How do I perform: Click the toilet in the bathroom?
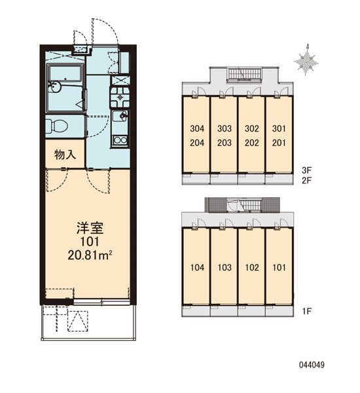[56, 125]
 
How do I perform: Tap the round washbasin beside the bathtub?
[54, 87]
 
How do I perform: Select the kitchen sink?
[120, 116]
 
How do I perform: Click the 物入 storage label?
[65, 155]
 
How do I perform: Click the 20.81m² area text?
[90, 255]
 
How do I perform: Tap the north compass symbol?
[306, 60]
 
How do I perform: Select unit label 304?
[197, 128]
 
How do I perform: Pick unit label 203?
[225, 143]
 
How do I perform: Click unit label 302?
[252, 128]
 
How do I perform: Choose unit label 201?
[279, 143]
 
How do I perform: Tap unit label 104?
[197, 267]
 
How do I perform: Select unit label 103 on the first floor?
[225, 267]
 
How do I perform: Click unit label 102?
[252, 267]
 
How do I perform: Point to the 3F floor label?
[306, 170]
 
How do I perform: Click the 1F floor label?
[306, 311]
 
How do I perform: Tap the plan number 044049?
[312, 365]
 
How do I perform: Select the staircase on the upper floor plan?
[244, 75]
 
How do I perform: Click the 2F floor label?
[306, 180]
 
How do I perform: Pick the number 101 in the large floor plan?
[90, 242]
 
